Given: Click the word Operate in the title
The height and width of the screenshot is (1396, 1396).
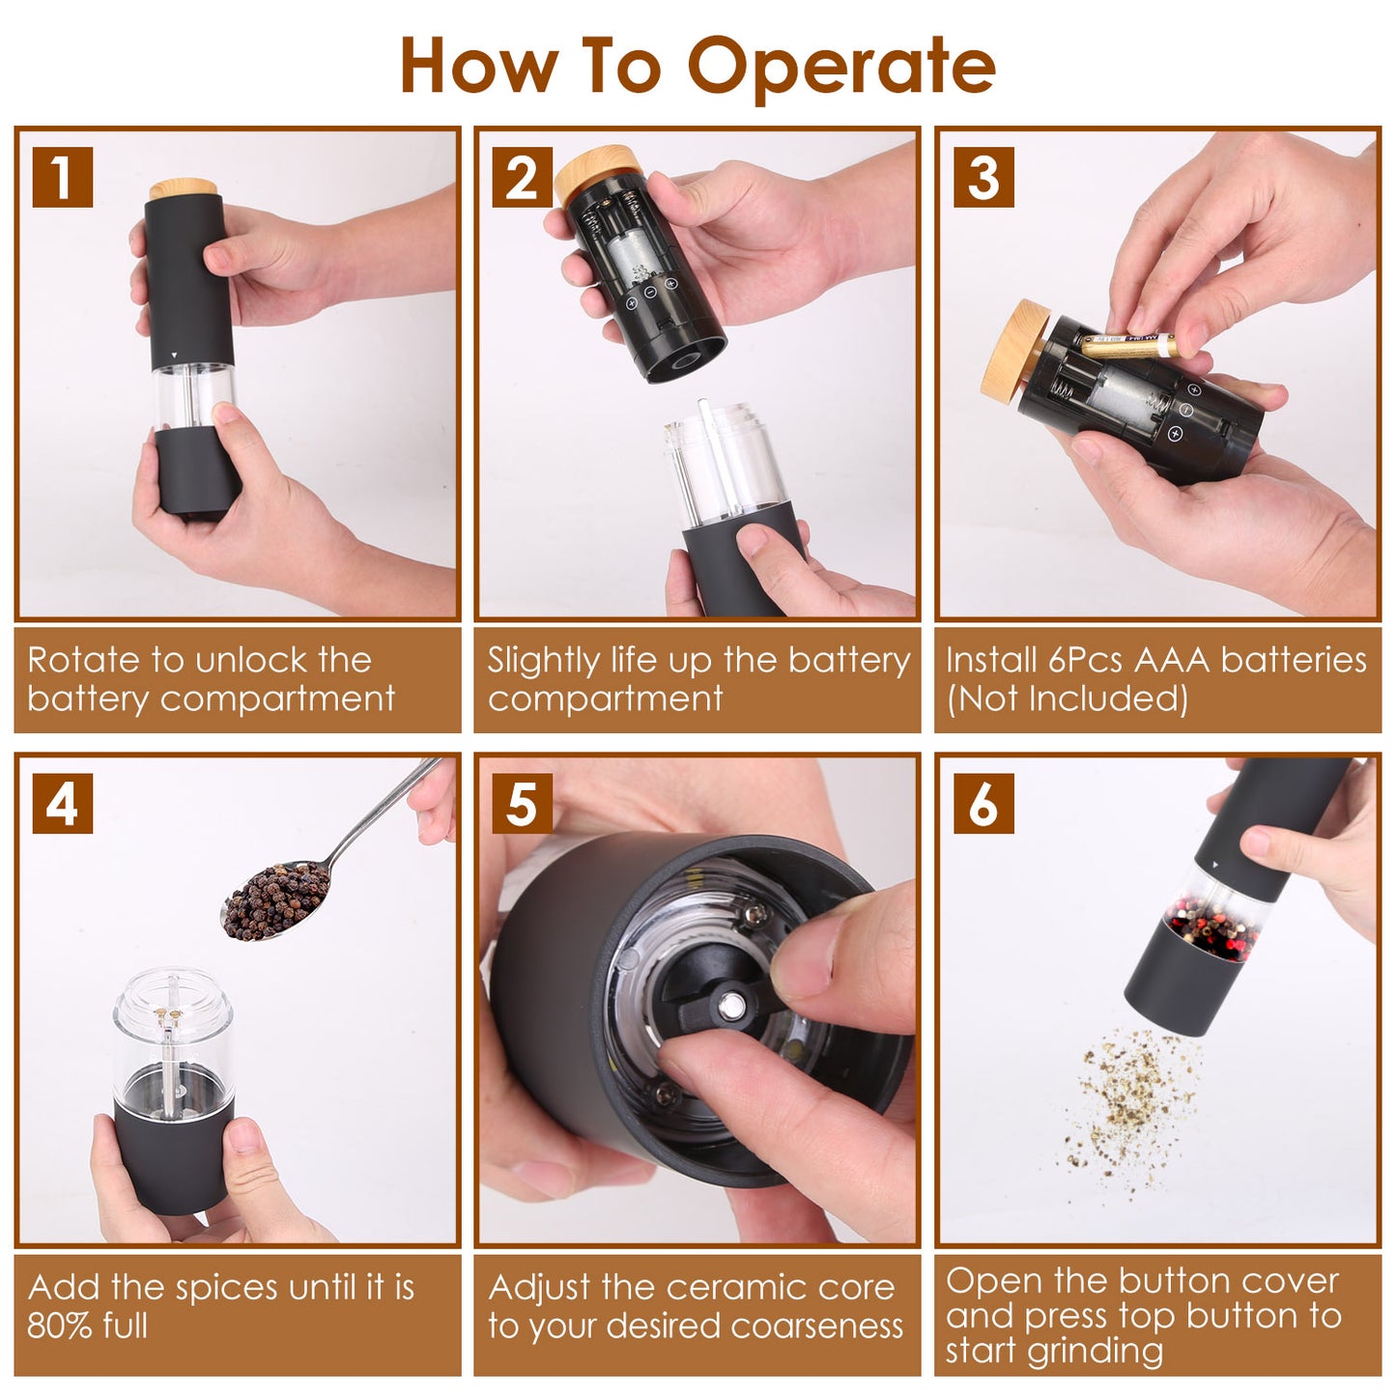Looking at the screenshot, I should click(x=840, y=68).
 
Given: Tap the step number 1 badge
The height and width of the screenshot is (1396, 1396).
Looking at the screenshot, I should click(x=62, y=177).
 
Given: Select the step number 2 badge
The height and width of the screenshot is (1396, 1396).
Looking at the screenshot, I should click(x=522, y=177).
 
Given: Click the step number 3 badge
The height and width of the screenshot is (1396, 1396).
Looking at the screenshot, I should click(x=983, y=177).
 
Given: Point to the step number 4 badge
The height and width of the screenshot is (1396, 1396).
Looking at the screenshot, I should click(x=62, y=804).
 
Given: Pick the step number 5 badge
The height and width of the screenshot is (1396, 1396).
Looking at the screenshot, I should click(x=522, y=804).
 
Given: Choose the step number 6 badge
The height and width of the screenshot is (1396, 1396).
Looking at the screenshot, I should click(x=983, y=804).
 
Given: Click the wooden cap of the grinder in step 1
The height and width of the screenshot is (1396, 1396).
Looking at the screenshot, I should click(x=183, y=188).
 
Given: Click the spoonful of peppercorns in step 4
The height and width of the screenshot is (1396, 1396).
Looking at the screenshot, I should click(x=276, y=901).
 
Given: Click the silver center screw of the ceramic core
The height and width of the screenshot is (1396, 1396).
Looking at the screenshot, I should click(x=731, y=1007).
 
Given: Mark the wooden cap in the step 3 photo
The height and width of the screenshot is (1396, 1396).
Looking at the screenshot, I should click(x=1015, y=352).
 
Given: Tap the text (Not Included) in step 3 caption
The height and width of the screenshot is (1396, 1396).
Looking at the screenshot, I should click(x=1067, y=698).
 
